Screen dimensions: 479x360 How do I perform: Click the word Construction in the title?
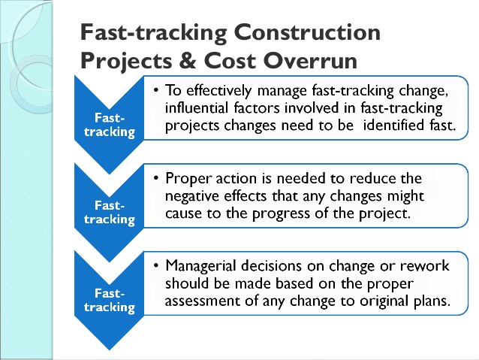(307, 32)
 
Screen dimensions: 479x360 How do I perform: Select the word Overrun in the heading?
(310, 61)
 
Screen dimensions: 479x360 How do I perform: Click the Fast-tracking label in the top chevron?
(110, 126)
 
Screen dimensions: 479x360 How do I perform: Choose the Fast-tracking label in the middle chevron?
(110, 213)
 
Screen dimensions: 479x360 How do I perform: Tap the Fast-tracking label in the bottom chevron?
(110, 301)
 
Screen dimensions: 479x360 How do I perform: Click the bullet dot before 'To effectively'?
(156, 90)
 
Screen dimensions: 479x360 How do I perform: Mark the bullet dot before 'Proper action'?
(156, 177)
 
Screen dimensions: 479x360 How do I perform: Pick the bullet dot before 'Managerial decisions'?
(156, 265)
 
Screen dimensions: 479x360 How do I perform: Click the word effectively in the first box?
(219, 91)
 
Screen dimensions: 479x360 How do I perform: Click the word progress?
(281, 213)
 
